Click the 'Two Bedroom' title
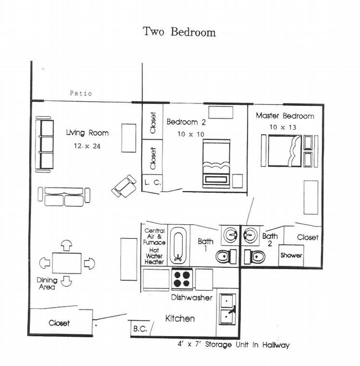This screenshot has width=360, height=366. click(x=179, y=32)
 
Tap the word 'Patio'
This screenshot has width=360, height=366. click(x=81, y=94)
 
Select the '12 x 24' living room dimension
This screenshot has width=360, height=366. click(x=87, y=146)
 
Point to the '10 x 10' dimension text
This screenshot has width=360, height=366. click(x=191, y=134)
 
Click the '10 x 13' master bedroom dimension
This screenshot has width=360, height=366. click(x=282, y=127)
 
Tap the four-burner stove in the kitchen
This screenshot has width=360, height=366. click(x=182, y=279)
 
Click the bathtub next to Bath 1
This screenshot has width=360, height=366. click(x=178, y=245)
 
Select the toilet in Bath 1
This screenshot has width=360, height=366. click(x=226, y=256)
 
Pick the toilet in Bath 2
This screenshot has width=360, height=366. click(x=254, y=257)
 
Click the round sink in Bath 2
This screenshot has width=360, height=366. click(x=250, y=235)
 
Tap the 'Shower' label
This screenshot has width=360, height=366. click(x=291, y=255)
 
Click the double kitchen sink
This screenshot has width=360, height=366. click(x=227, y=310)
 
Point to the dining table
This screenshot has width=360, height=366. click(x=67, y=263)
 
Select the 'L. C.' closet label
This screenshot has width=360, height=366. click(x=153, y=183)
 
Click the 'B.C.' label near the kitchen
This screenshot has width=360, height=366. click(x=140, y=329)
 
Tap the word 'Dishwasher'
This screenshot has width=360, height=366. click(x=192, y=297)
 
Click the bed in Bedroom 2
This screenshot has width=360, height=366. click(x=216, y=163)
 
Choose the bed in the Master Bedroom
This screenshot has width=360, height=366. click(x=285, y=151)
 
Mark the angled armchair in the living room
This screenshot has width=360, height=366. click(x=124, y=186)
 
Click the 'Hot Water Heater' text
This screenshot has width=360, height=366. click(x=154, y=256)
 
